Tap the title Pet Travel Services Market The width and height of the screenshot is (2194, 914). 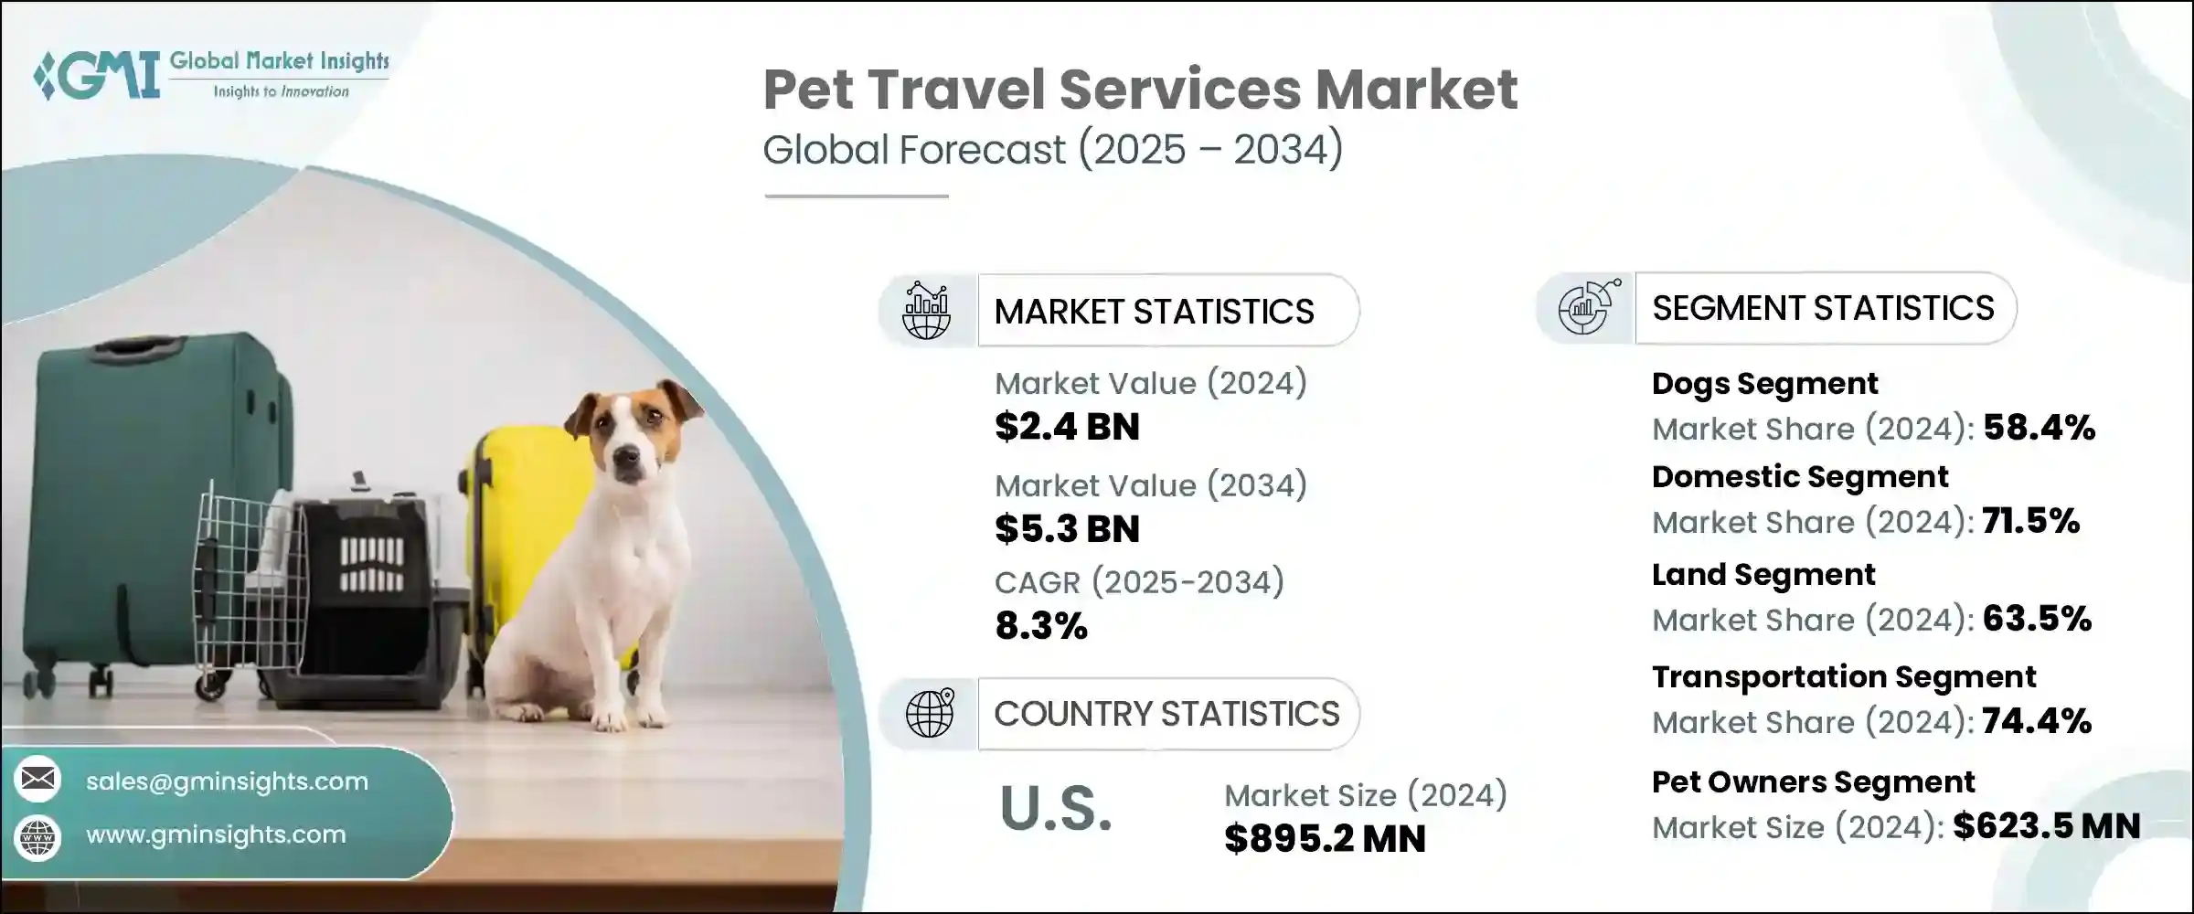point(1140,90)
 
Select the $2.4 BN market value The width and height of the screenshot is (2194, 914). point(1067,427)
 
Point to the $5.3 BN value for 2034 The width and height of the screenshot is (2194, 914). point(1067,529)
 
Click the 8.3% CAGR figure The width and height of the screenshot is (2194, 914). point(1041,626)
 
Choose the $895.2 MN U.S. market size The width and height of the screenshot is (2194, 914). point(1325,839)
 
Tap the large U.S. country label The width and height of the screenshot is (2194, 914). point(1056,809)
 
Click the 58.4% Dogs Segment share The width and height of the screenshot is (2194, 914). point(2039,428)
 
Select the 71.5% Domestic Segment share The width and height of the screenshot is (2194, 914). point(2030,521)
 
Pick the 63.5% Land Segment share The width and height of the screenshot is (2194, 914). point(2037,619)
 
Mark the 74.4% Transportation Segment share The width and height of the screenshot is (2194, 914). point(2037,721)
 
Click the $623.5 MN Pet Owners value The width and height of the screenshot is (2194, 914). point(2046,826)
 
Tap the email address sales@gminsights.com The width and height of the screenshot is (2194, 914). point(227,781)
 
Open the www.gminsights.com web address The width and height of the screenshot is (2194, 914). point(216,834)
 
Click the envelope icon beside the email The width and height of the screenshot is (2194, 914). point(37,780)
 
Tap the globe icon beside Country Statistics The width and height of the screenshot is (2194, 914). point(929,714)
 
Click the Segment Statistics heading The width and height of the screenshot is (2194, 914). point(1822,309)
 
